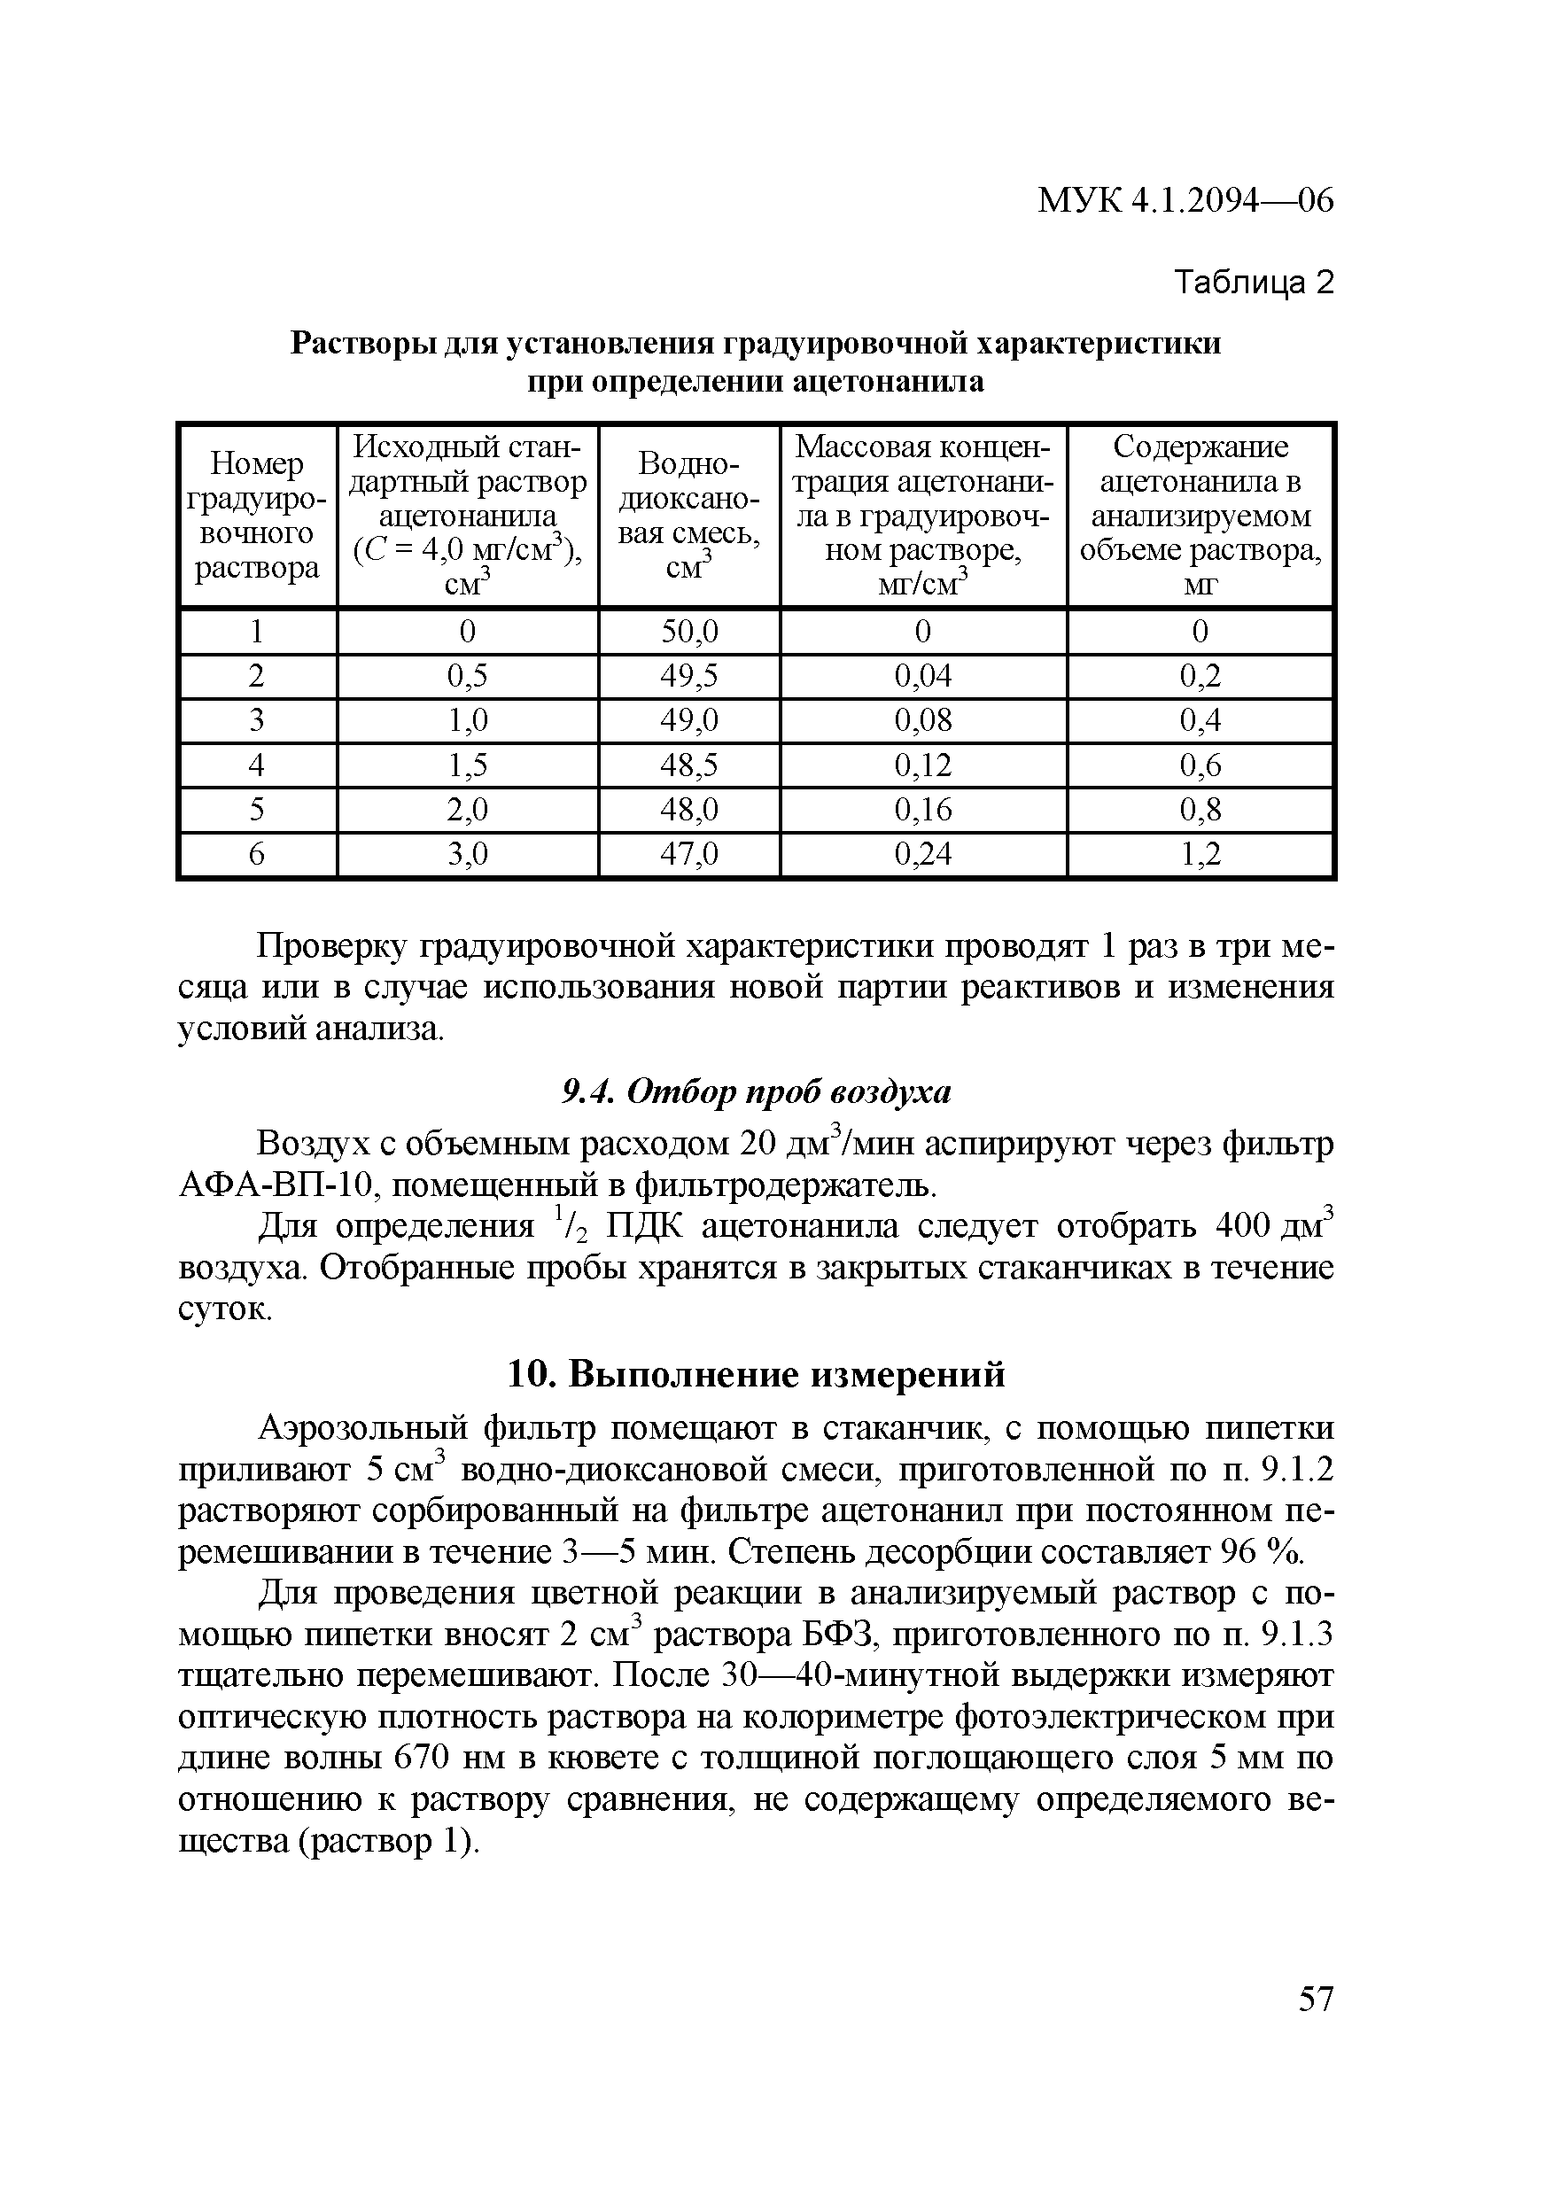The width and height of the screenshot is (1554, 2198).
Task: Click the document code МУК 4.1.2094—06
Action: [1185, 201]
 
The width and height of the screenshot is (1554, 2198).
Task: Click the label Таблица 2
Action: [1254, 283]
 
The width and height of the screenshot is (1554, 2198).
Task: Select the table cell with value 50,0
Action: [688, 632]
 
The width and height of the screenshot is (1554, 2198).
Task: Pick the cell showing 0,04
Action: [923, 677]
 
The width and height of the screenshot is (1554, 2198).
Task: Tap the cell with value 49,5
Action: [688, 677]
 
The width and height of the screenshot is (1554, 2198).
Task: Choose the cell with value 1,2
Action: [1200, 854]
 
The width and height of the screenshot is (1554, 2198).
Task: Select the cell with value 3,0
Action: [467, 854]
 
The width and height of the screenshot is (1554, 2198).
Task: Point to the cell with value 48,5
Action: [688, 765]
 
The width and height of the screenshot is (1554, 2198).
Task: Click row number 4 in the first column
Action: [257, 765]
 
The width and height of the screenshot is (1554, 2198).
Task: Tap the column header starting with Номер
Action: [257, 516]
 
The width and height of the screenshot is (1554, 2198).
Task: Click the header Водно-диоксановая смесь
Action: [688, 516]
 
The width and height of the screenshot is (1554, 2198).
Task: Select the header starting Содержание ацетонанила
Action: [1200, 516]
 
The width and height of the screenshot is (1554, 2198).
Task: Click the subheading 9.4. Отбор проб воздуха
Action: [756, 1091]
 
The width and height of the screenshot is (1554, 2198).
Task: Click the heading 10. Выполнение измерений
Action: [756, 1374]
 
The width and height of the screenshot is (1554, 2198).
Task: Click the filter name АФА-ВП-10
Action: [275, 1187]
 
